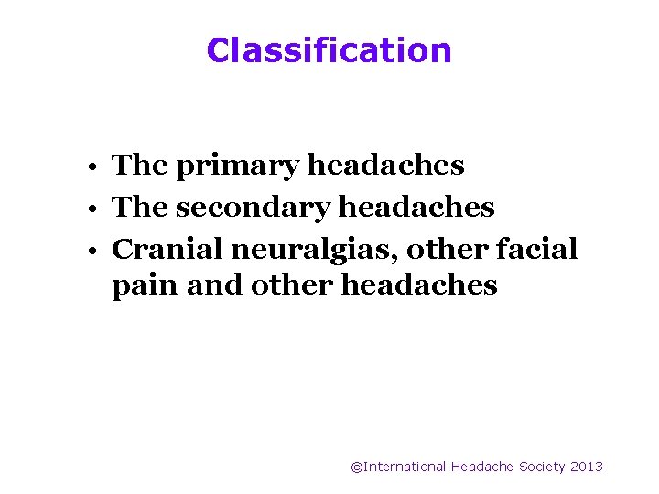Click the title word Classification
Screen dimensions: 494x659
click(x=329, y=49)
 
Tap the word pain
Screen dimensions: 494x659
click(x=145, y=286)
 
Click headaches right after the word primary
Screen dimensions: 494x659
click(x=385, y=166)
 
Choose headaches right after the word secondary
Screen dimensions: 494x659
click(x=416, y=207)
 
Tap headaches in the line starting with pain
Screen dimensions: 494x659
click(x=419, y=285)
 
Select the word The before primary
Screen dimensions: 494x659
click(x=139, y=166)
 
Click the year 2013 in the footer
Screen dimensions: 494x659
click(x=586, y=467)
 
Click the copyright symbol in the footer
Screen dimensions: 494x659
click(x=357, y=467)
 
